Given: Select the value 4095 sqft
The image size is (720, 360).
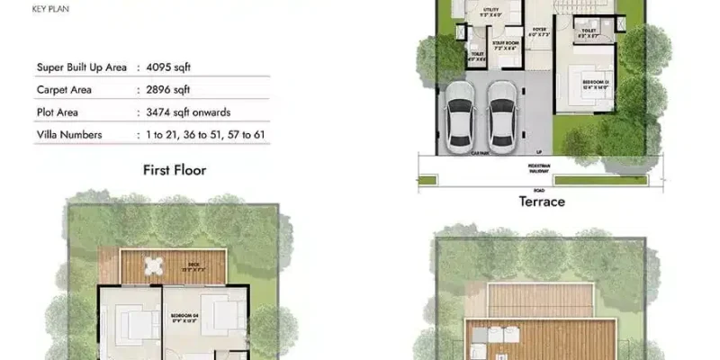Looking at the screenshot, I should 168,67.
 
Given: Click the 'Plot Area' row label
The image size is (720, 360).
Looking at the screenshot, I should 61,112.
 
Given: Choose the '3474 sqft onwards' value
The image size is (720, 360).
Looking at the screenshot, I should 188,112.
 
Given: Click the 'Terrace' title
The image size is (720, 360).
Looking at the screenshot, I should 542,202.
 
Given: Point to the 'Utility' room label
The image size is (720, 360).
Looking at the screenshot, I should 490,12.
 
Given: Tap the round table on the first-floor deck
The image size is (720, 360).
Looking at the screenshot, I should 156,265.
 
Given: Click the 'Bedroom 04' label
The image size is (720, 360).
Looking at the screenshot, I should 184,315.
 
